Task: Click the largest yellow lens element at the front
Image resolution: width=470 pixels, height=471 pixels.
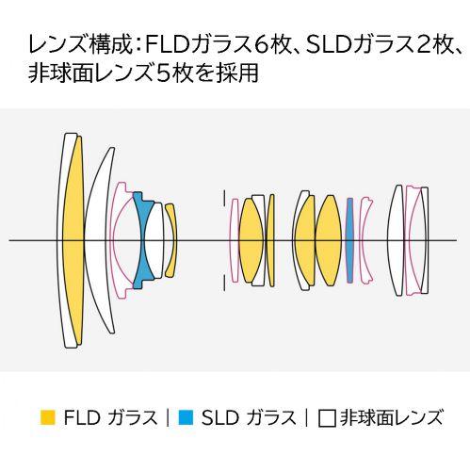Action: point(73,240)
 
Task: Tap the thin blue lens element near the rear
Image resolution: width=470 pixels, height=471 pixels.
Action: point(349,240)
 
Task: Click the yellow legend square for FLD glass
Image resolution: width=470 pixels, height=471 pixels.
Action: point(48,417)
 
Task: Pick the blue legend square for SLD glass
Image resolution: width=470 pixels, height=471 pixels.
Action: point(186,417)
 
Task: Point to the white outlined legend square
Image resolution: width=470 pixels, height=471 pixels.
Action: point(327,418)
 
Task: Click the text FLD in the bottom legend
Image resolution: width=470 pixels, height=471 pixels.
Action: point(82,417)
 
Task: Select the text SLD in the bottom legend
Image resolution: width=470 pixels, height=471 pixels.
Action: point(219,417)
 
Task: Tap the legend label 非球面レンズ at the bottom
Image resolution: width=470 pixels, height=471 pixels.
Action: point(392,417)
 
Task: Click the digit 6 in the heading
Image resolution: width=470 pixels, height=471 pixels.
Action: point(260,45)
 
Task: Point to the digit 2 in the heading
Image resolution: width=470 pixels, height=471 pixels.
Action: point(424,45)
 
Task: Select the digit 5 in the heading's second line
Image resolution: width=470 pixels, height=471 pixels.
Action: point(163,73)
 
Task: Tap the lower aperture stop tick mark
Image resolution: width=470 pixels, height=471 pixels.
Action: point(224,283)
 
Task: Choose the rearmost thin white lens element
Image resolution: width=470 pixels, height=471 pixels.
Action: point(425,240)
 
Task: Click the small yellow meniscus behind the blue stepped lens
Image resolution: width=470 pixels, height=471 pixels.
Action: point(171,240)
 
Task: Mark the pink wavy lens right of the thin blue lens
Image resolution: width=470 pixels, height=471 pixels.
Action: point(366,240)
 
